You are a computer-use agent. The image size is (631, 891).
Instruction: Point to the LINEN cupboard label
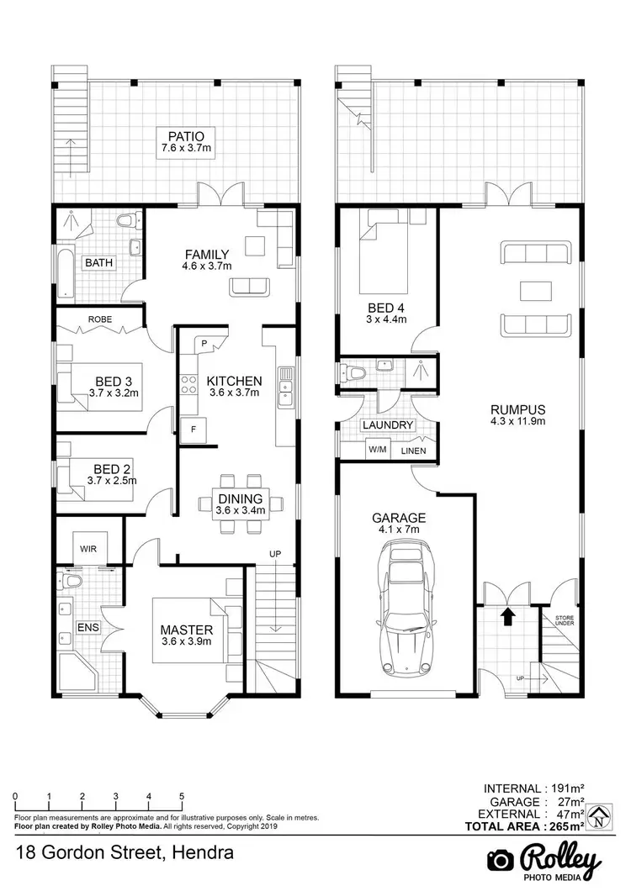pyautogui.click(x=412, y=451)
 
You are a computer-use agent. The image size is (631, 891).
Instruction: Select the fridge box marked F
pyautogui.click(x=194, y=429)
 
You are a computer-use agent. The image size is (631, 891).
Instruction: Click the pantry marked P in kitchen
pyautogui.click(x=204, y=343)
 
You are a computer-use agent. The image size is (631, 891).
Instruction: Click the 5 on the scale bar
pyautogui.click(x=182, y=796)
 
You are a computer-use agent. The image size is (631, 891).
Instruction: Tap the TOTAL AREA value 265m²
pyautogui.click(x=563, y=826)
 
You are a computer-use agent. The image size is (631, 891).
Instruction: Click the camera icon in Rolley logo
pyautogui.click(x=501, y=860)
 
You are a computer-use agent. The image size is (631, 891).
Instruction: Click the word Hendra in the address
pyautogui.click(x=203, y=854)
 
